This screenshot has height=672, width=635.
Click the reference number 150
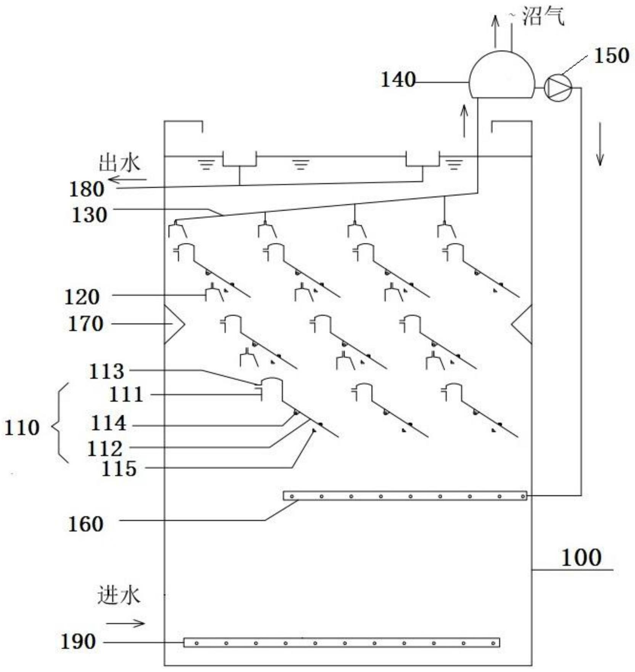[x=611, y=56]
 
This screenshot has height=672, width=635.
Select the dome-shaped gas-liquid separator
[x=501, y=74]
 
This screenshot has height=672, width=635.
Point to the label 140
[x=398, y=80]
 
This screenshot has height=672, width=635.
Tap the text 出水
[x=119, y=163]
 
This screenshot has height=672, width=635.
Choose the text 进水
[x=119, y=596]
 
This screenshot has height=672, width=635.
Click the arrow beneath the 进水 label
[x=126, y=623]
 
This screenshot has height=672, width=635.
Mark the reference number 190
[x=78, y=641]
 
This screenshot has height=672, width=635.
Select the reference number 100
[x=581, y=558]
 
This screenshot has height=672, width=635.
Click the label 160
[x=85, y=524]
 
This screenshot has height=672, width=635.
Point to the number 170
[x=85, y=324]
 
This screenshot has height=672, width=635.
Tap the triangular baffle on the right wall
[x=522, y=324]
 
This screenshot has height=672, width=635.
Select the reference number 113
[x=106, y=371]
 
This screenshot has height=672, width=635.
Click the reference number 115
[x=119, y=469]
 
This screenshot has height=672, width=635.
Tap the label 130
[x=90, y=215]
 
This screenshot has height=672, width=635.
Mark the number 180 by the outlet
[x=87, y=189]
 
